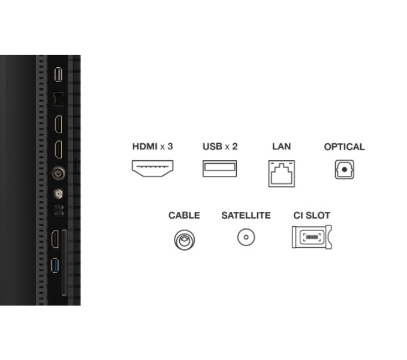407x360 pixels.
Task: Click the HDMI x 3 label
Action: click(x=153, y=146)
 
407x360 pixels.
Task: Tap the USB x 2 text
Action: click(x=220, y=146)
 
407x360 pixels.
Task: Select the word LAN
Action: click(x=281, y=146)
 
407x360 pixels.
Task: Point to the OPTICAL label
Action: click(x=344, y=147)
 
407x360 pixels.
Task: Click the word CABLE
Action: click(x=184, y=215)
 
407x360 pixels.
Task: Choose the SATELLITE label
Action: click(x=246, y=215)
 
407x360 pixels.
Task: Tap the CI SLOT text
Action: click(x=312, y=215)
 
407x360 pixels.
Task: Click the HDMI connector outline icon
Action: click(x=153, y=169)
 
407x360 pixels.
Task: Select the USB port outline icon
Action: click(x=219, y=169)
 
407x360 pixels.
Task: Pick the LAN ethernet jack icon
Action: click(x=282, y=173)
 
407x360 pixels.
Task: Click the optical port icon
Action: click(x=345, y=169)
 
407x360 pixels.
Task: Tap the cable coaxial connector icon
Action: click(x=185, y=240)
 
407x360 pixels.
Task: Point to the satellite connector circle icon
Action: click(x=246, y=237)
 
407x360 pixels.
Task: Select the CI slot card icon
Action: click(x=312, y=237)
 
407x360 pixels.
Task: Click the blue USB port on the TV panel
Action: click(x=55, y=265)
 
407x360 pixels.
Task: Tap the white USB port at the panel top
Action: click(x=58, y=75)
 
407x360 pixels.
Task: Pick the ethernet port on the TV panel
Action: click(x=58, y=100)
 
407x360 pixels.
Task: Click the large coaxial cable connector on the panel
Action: click(x=58, y=173)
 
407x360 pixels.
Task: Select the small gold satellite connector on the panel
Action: click(x=58, y=194)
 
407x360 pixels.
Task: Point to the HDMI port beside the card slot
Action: click(x=55, y=239)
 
